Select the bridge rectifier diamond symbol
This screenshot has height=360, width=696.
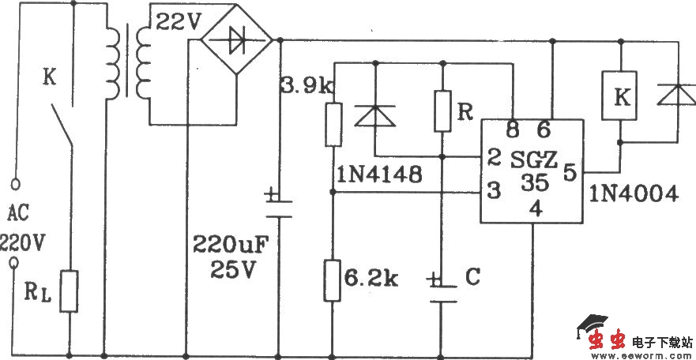234,40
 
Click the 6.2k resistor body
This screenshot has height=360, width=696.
333,279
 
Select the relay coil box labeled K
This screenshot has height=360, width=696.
622,97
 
